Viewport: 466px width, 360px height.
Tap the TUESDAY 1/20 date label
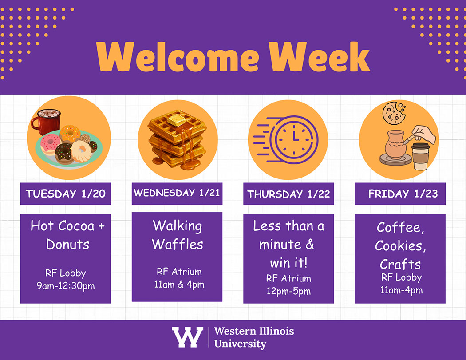coord(65,194)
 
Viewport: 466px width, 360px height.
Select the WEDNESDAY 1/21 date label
coord(177,193)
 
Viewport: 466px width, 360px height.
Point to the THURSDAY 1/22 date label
coord(288,194)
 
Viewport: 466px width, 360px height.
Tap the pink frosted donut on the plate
coord(50,143)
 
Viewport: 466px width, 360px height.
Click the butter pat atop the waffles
coord(176,119)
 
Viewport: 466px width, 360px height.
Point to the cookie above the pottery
coord(394,113)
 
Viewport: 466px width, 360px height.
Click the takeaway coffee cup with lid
coord(420,156)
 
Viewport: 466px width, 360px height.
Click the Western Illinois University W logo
coord(187,337)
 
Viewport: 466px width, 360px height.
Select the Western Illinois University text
coord(253,337)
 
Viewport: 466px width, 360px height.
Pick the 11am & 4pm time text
coord(179,284)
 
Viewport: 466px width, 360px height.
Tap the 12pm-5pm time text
coord(288,291)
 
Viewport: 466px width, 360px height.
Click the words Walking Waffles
coord(178,235)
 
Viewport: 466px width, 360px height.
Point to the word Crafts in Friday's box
coord(400,264)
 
